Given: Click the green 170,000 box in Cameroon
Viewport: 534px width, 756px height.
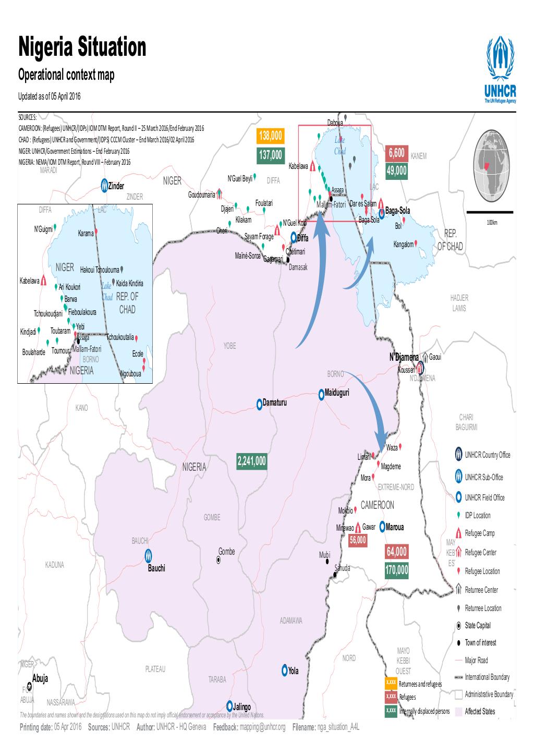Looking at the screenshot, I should pyautogui.click(x=397, y=570).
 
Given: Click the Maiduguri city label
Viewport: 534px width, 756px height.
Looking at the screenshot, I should pyautogui.click(x=336, y=392).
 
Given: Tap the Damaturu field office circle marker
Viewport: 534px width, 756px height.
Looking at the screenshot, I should pyautogui.click(x=259, y=404).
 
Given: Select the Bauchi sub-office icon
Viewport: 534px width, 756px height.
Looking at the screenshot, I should pyautogui.click(x=149, y=556).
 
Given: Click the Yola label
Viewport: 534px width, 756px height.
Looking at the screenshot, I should pyautogui.click(x=293, y=671).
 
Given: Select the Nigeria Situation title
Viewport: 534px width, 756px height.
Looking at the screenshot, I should pyautogui.click(x=82, y=48).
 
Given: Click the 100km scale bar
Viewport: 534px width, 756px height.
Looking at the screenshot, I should pyautogui.click(x=491, y=212).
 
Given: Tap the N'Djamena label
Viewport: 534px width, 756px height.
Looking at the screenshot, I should pyautogui.click(x=404, y=357).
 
